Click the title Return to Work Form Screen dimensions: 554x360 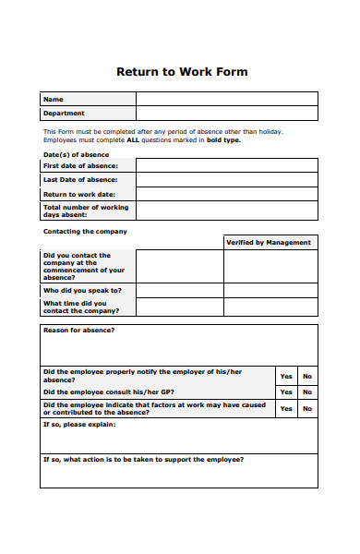[181, 71]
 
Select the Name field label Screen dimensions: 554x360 [54, 99]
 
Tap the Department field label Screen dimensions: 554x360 [64, 114]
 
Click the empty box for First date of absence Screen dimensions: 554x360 [226, 165]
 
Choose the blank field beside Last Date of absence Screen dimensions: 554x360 [226, 180]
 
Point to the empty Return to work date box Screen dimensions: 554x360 [226, 195]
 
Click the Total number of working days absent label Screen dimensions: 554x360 [79, 211]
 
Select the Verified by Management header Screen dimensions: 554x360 [268, 242]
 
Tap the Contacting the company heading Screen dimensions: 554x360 [85, 232]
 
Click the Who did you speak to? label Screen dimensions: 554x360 [82, 290]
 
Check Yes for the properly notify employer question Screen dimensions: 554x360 [286, 376]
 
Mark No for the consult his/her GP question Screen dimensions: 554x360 [307, 392]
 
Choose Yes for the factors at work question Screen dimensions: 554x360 [286, 408]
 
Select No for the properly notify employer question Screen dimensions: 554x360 [307, 376]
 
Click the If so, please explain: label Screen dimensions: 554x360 [78, 425]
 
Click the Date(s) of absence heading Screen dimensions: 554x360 [76, 154]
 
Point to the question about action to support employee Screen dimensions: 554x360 [144, 459]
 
